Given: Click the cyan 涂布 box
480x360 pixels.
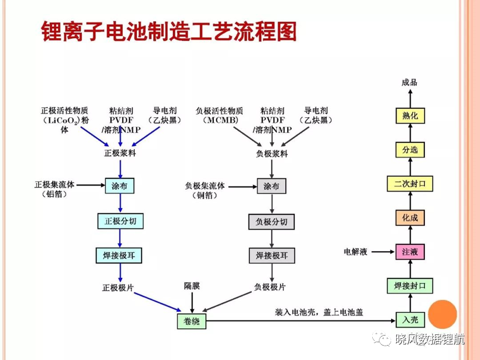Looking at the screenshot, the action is (x=119, y=186).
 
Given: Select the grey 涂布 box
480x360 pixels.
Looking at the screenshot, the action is (x=272, y=186).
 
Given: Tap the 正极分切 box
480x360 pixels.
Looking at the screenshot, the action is (x=121, y=221).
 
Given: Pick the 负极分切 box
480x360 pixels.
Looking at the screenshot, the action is (x=272, y=222).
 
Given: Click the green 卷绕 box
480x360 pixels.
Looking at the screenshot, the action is (x=192, y=321).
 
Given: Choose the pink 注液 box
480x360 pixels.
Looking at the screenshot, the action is (x=410, y=252).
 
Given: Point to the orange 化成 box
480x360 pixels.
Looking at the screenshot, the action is (x=410, y=218).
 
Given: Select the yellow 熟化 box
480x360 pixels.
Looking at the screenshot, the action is (x=410, y=116).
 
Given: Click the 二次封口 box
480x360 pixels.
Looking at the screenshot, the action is (x=410, y=184).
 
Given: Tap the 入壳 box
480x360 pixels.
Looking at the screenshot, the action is (x=410, y=320).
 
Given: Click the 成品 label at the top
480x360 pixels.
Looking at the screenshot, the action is (x=409, y=82).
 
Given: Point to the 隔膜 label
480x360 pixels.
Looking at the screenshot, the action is (x=192, y=286).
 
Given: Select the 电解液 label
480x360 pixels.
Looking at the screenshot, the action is (x=356, y=252).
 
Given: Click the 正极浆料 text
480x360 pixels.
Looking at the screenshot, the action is (x=120, y=153).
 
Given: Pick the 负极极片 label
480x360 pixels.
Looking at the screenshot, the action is (x=270, y=287).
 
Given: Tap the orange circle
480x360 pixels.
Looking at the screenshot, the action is (x=442, y=314).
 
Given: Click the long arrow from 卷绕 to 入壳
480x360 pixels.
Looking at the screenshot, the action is (x=301, y=321).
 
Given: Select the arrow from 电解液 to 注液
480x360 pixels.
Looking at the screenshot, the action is (x=383, y=252).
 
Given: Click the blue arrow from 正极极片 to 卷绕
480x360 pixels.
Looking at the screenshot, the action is (x=158, y=302).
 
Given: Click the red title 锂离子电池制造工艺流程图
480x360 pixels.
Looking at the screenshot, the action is (x=169, y=31).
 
